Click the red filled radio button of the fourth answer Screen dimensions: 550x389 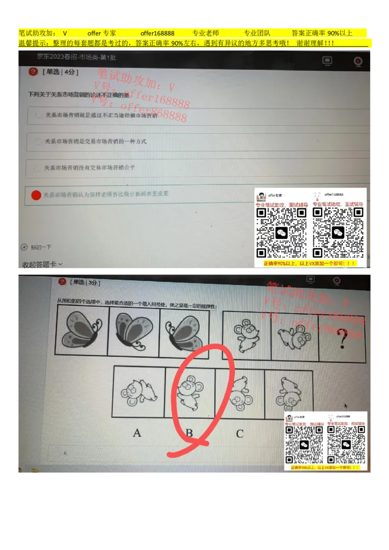[36, 195]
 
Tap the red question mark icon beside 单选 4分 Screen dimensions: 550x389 [33, 71]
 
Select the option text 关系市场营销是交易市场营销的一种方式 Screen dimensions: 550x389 [95, 141]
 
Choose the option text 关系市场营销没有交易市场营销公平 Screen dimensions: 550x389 [89, 168]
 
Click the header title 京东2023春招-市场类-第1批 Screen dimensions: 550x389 [76, 57]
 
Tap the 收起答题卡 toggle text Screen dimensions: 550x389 [42, 264]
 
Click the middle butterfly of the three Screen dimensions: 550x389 [133, 332]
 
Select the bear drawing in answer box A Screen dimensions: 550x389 [138, 393]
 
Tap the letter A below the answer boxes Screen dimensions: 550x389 [137, 432]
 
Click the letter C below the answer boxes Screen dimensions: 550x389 [240, 433]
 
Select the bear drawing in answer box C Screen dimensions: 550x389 [240, 394]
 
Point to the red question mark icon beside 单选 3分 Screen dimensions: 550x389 [62, 282]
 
